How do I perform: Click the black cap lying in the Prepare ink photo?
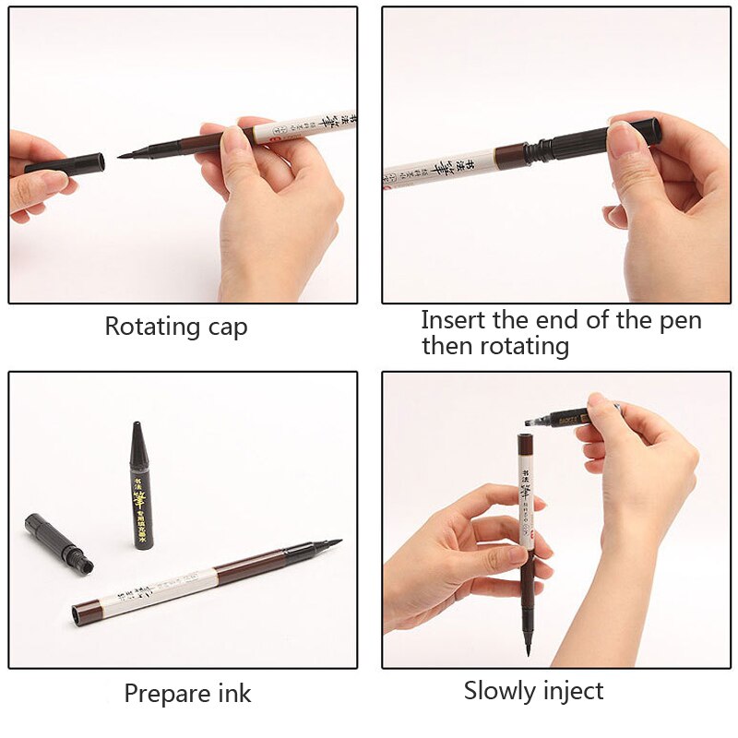pos(57,542)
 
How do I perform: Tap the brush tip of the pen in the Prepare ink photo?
pos(327,543)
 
